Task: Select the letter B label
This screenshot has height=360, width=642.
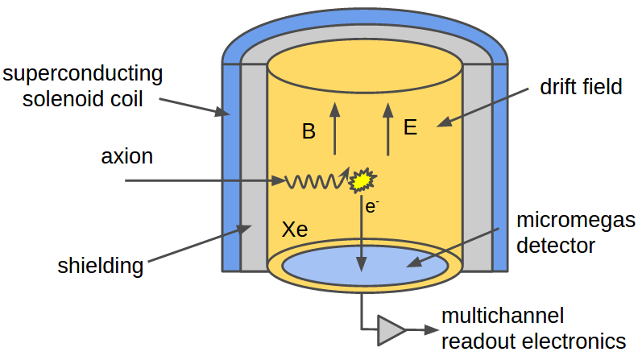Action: tap(309, 131)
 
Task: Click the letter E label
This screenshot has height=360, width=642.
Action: tap(411, 127)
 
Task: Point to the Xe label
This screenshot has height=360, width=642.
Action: tap(295, 229)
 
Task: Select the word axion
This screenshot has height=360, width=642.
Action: tap(127, 155)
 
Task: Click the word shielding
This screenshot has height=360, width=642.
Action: tap(101, 265)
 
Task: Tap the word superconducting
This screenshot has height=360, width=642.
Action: tap(83, 74)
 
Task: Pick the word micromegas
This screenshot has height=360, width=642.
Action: tap(575, 221)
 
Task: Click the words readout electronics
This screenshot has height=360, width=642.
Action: tap(533, 340)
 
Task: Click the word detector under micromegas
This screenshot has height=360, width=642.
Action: tap(556, 245)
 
